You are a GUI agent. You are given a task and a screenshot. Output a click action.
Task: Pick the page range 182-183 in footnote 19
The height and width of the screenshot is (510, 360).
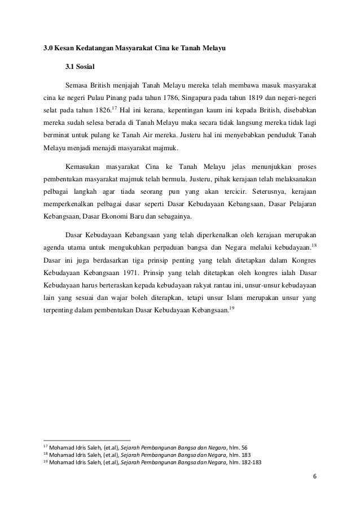(x=260, y=462)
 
